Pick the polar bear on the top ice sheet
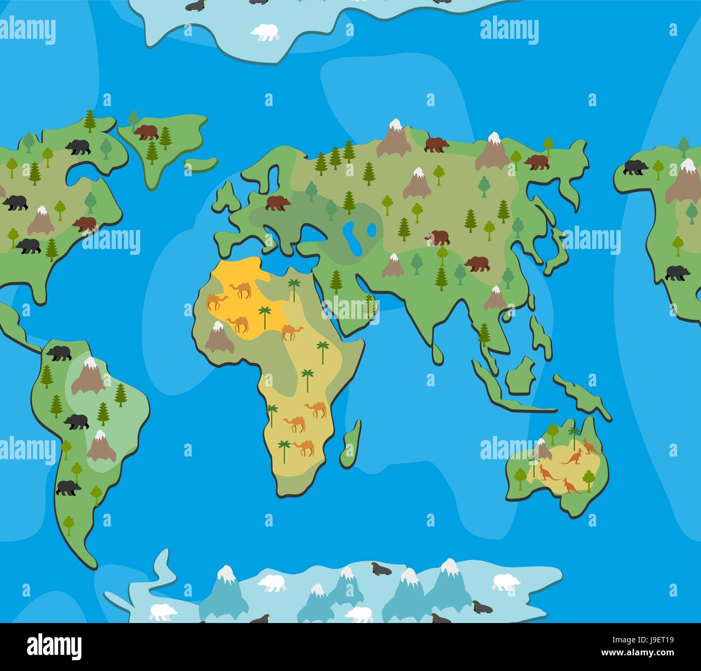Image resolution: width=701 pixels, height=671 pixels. pyautogui.click(x=265, y=32)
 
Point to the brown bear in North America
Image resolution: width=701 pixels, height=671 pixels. pyautogui.click(x=85, y=223)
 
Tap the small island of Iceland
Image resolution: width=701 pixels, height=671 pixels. pyautogui.click(x=201, y=164)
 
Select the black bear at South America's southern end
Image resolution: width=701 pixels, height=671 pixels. pyautogui.click(x=68, y=488)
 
